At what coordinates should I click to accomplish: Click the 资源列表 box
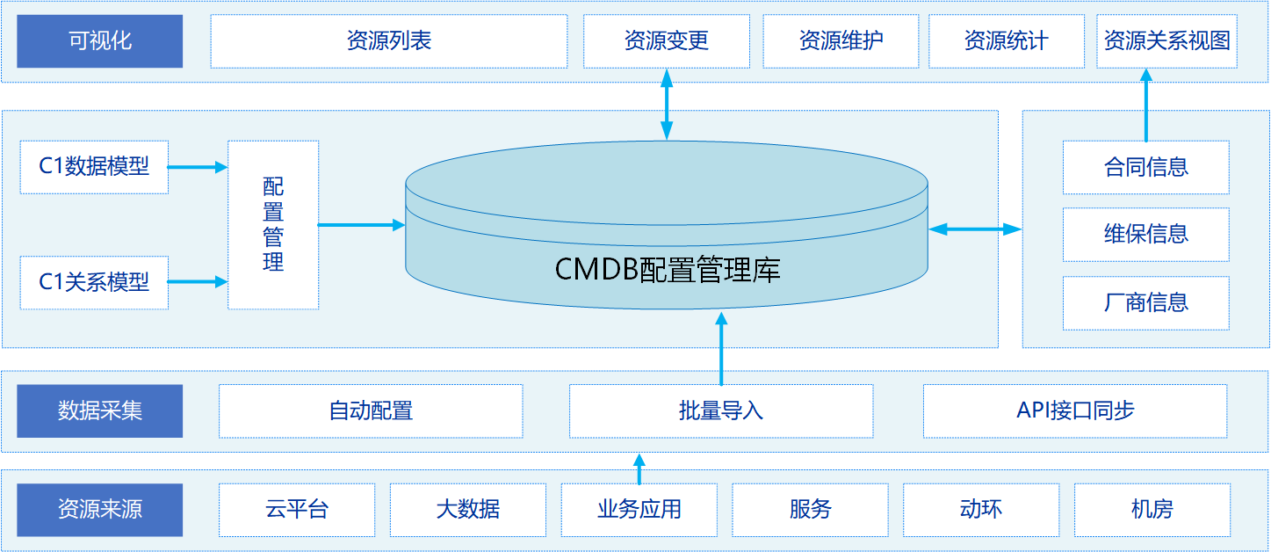pos(388,41)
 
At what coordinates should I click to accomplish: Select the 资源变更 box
pos(666,41)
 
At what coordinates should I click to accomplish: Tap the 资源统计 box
pos(1006,41)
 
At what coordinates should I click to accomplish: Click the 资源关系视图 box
pos(1166,41)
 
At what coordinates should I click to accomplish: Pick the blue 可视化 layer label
pos(100,41)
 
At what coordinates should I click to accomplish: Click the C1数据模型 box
pos(94,166)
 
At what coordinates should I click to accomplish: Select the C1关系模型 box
pos(94,282)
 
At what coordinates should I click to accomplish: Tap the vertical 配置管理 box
pos(273,225)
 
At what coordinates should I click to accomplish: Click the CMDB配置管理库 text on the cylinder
pos(668,269)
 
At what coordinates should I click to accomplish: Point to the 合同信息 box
pos(1145,167)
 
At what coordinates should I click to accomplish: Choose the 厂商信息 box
pos(1145,303)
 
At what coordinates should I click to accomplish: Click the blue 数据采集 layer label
pos(100,410)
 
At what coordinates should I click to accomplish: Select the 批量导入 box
pos(721,410)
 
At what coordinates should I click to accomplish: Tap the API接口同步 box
pos(1075,410)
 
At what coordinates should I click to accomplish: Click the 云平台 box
pos(297,510)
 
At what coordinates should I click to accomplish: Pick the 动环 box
pos(981,510)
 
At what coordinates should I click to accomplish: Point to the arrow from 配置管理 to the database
pos(361,225)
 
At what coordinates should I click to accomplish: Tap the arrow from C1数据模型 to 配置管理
pos(198,166)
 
